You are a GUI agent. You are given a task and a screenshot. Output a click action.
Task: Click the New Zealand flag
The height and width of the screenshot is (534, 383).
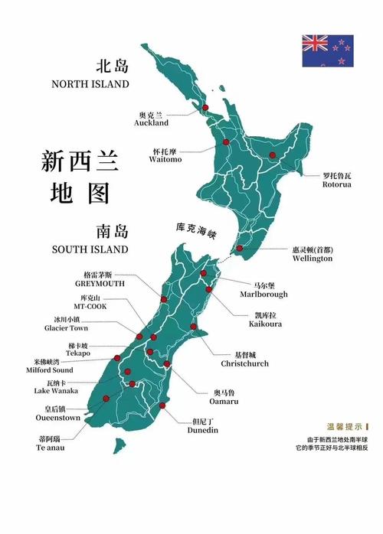click(327, 51)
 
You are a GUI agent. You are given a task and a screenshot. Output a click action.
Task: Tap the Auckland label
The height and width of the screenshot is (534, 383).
click(151, 119)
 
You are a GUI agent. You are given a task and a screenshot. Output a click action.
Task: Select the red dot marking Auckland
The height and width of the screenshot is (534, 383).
click(205, 108)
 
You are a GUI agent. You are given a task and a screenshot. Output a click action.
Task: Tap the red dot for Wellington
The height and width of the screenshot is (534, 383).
click(239, 248)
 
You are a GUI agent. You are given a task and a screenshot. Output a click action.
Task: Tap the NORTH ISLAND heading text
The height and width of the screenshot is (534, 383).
click(90, 83)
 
